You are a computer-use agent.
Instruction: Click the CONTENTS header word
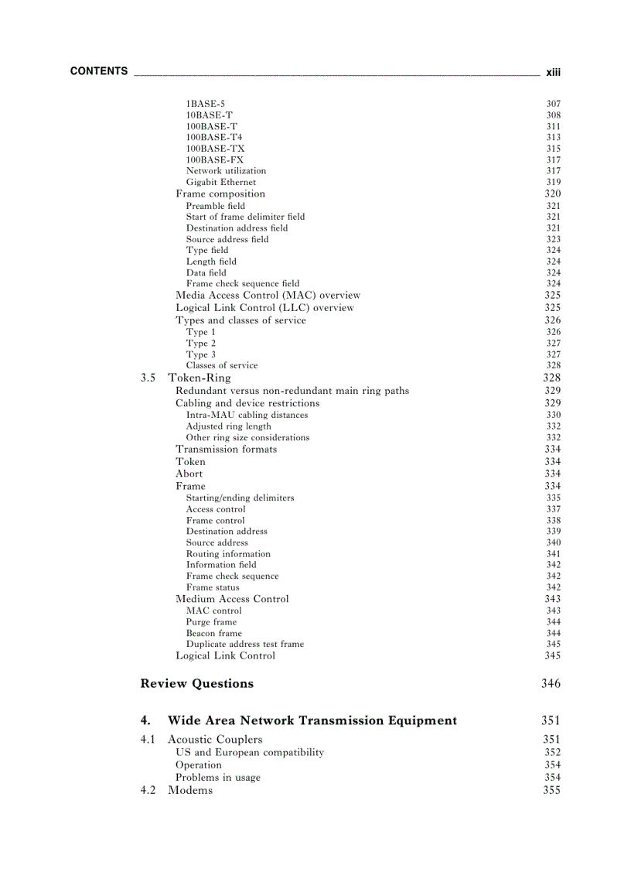(x=99, y=71)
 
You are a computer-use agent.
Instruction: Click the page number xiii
(x=553, y=72)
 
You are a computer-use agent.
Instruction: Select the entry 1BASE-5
(x=206, y=104)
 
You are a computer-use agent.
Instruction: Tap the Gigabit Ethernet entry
(x=220, y=182)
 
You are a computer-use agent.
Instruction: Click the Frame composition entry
(x=220, y=193)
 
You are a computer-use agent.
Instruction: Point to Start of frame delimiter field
(x=245, y=217)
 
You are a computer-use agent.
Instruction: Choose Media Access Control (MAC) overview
(x=268, y=295)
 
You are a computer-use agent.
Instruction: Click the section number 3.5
(x=148, y=378)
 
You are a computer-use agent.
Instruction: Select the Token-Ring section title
(x=200, y=378)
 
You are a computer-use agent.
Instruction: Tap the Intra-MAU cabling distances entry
(x=247, y=415)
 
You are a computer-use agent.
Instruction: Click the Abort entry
(x=189, y=474)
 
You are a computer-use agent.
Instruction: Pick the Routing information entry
(x=228, y=554)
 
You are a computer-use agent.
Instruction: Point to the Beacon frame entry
(x=213, y=633)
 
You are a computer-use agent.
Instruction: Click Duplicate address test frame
(x=244, y=644)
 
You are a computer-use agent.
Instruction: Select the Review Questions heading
(x=196, y=683)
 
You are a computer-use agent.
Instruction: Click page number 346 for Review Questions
(x=551, y=683)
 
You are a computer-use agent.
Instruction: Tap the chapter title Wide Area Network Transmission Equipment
(x=312, y=720)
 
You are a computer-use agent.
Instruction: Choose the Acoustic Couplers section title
(x=215, y=739)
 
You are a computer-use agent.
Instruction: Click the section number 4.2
(x=148, y=790)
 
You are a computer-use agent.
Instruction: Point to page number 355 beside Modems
(x=551, y=790)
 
